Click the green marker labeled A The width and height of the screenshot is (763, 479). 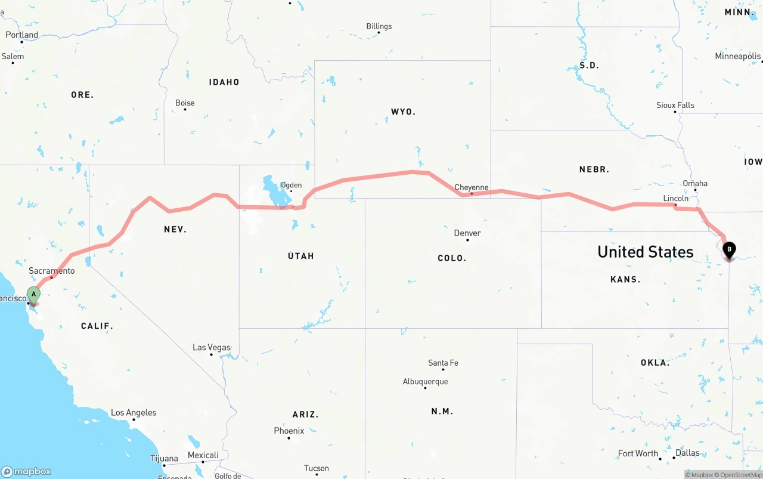[x=34, y=295]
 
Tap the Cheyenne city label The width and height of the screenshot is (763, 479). [x=471, y=187]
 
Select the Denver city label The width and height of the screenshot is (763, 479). [x=467, y=233]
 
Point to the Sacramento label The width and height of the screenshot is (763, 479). [x=52, y=271]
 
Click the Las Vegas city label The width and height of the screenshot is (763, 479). [x=211, y=347]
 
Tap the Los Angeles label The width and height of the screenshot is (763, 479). [x=134, y=413]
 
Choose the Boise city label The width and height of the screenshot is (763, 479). [x=185, y=103]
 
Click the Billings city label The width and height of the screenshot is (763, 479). [x=379, y=26]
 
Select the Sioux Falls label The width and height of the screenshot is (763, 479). [x=675, y=106]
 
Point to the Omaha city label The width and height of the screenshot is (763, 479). [x=695, y=184]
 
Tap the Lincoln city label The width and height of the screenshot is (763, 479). [x=675, y=199]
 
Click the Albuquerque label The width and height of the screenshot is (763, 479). [x=425, y=382]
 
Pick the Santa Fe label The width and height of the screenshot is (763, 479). [x=443, y=363]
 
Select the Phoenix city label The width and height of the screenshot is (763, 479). [x=289, y=431]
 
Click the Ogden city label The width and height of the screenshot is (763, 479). [x=291, y=186]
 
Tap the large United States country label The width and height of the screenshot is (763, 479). [x=645, y=252]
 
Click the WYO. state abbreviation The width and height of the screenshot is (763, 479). [x=403, y=112]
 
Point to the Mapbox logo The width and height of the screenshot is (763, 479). [x=26, y=471]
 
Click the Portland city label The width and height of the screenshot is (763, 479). [x=22, y=35]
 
